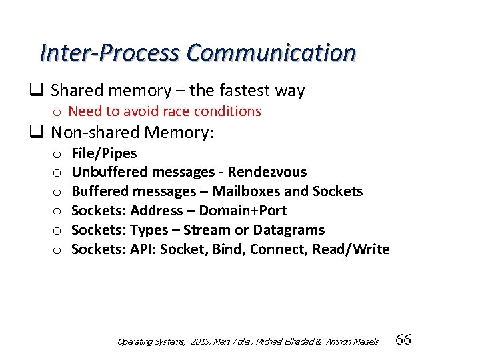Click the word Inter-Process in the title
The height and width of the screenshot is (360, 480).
(x=110, y=53)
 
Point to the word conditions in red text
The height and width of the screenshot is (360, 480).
(x=228, y=111)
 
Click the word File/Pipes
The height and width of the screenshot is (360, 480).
(x=104, y=153)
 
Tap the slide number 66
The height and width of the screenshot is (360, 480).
(x=403, y=340)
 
